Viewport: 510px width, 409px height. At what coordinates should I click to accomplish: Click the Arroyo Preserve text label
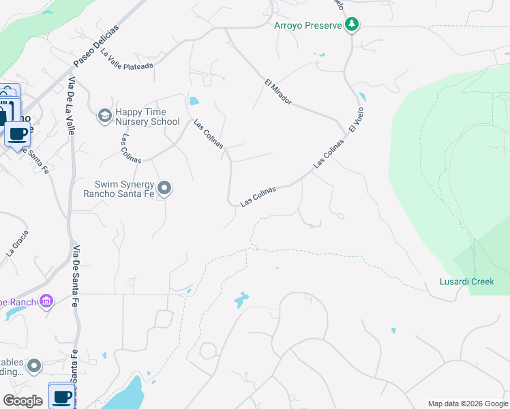pyautogui.click(x=307, y=26)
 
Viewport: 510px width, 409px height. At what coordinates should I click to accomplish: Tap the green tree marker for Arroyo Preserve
pyautogui.click(x=352, y=25)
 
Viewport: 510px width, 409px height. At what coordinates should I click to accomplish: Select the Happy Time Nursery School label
pyautogui.click(x=147, y=117)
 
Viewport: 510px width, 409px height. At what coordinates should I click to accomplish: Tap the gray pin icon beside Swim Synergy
pyautogui.click(x=164, y=187)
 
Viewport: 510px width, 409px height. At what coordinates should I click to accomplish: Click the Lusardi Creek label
pyautogui.click(x=466, y=282)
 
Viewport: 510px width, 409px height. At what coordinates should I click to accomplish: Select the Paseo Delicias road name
pyautogui.click(x=96, y=45)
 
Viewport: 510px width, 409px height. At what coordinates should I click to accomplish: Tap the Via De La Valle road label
pyautogui.click(x=72, y=106)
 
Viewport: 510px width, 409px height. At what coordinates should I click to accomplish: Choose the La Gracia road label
pyautogui.click(x=18, y=243)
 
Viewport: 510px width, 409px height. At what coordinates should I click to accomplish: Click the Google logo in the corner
pyautogui.click(x=22, y=401)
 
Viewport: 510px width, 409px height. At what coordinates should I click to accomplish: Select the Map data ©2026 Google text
pyautogui.click(x=467, y=404)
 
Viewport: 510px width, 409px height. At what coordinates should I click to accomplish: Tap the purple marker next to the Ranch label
pyautogui.click(x=46, y=301)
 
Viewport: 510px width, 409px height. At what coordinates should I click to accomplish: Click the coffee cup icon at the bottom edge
pyautogui.click(x=61, y=395)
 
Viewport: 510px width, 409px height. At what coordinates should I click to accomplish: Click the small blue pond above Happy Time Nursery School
pyautogui.click(x=194, y=102)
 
